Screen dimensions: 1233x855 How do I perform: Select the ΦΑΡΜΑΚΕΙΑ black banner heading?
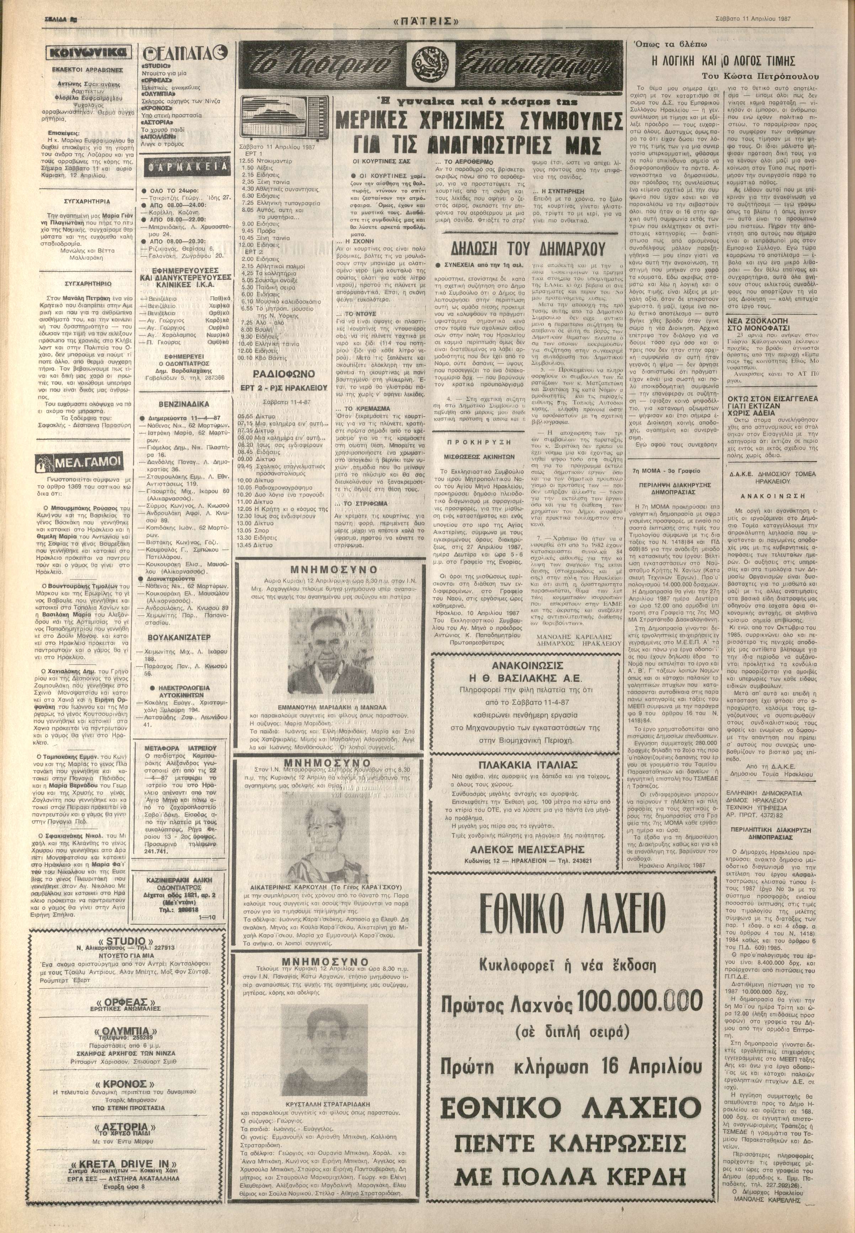183,168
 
